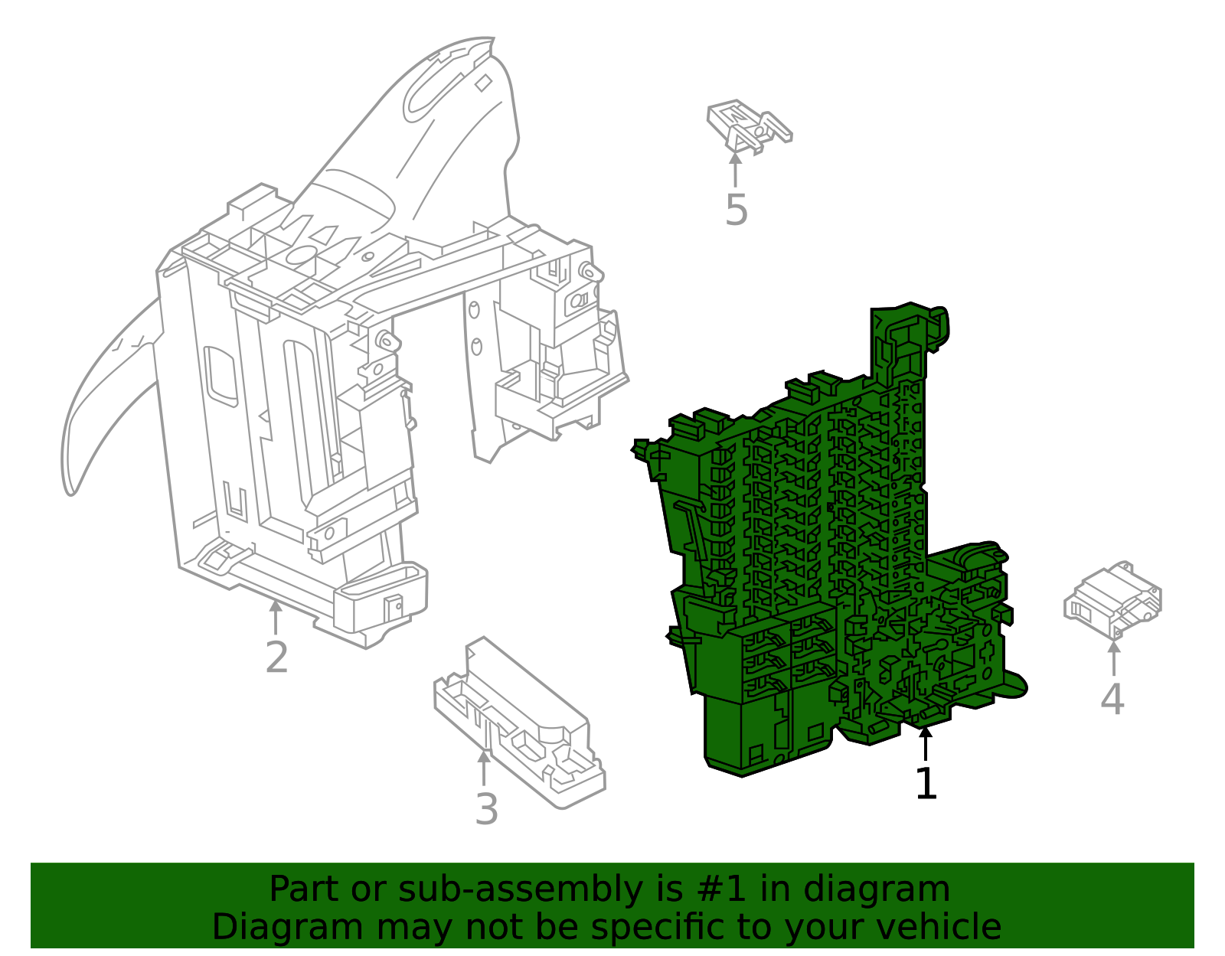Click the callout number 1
point(926,783)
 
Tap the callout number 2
point(277,657)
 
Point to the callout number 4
point(1112,699)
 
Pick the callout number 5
point(737,210)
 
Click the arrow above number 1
point(925,744)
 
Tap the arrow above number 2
point(275,618)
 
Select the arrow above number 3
point(484,768)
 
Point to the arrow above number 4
point(1114,658)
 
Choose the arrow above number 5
point(735,169)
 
